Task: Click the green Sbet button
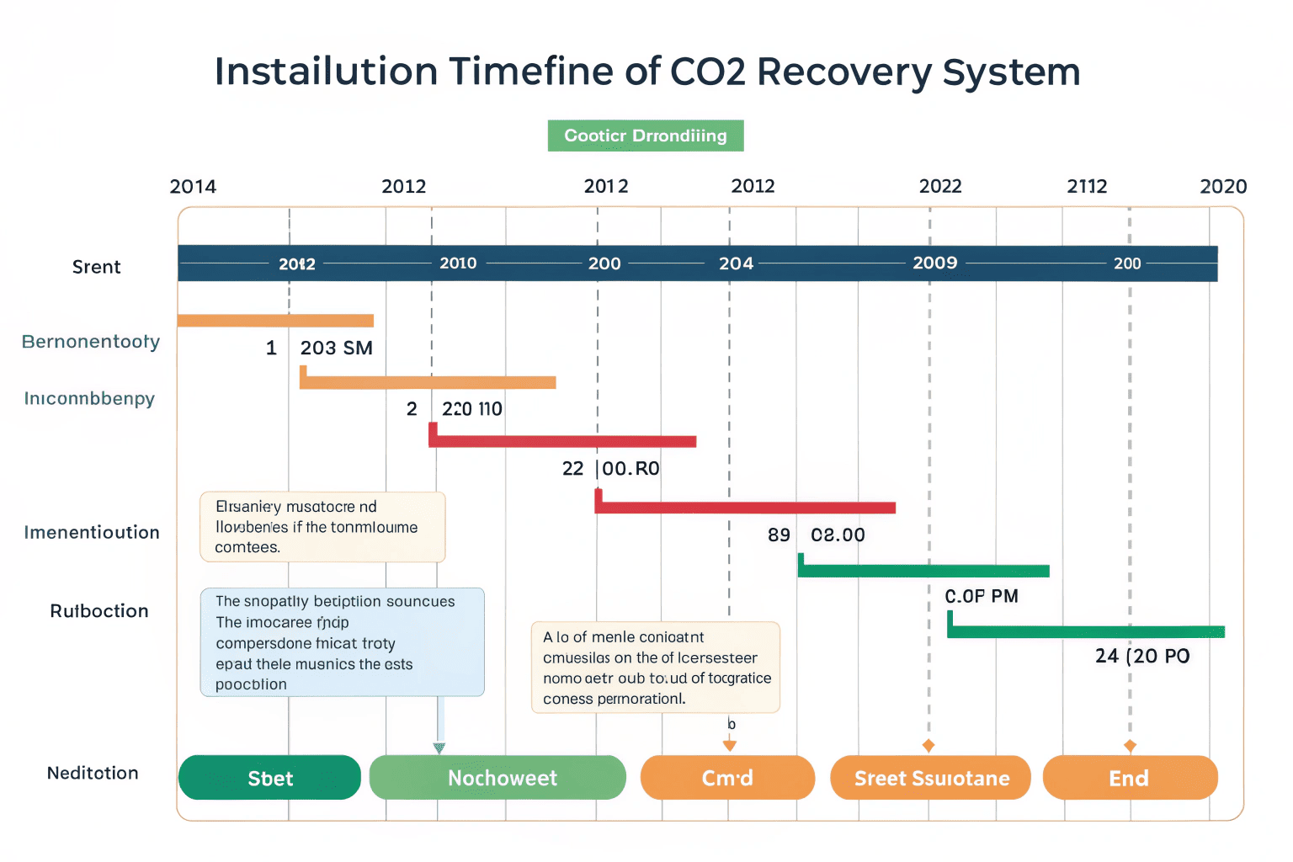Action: point(269,778)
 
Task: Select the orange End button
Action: point(1130,778)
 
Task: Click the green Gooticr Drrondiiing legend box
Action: point(646,136)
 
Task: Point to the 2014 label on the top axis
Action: point(193,186)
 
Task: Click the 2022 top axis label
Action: point(940,186)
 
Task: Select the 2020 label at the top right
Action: point(1223,186)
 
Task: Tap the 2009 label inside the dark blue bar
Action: point(935,263)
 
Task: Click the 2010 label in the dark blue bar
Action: point(458,263)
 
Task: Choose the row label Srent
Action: point(97,267)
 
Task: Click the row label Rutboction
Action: point(99,611)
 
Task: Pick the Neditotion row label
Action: point(93,773)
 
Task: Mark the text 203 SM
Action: point(337,348)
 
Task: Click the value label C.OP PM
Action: point(982,596)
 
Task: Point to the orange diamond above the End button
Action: point(1130,746)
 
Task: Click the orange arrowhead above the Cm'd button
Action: point(730,745)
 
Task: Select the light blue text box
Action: point(342,642)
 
